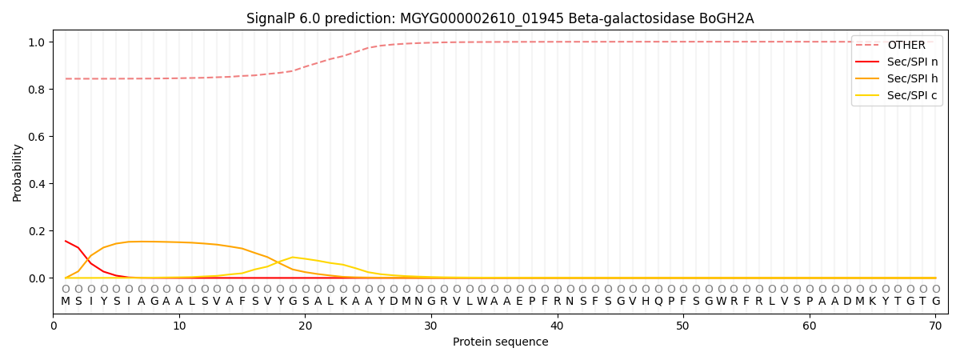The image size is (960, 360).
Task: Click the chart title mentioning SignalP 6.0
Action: pyautogui.click(x=500, y=18)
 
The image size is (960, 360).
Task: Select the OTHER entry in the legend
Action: pyautogui.click(x=906, y=45)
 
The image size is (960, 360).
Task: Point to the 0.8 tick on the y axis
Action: pyautogui.click(x=38, y=90)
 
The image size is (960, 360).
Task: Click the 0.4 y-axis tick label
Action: pyautogui.click(x=38, y=184)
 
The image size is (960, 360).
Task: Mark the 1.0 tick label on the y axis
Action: pyautogui.click(x=38, y=42)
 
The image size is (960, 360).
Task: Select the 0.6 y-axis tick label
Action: pyautogui.click(x=38, y=137)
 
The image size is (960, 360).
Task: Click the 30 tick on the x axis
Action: pyautogui.click(x=431, y=326)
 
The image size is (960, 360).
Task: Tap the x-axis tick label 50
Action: pyautogui.click(x=683, y=326)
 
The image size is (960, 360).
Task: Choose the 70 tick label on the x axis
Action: pyautogui.click(x=935, y=326)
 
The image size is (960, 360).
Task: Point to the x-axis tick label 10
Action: pyautogui.click(x=179, y=326)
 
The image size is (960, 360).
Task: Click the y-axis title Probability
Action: pyautogui.click(x=18, y=172)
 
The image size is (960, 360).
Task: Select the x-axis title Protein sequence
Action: pyautogui.click(x=500, y=342)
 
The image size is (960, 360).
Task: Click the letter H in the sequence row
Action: pyautogui.click(x=646, y=302)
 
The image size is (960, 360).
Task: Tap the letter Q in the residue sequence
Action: pyautogui.click(x=658, y=302)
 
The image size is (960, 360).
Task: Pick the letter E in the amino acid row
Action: pyautogui.click(x=520, y=302)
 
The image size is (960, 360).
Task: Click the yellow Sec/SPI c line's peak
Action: pyautogui.click(x=293, y=257)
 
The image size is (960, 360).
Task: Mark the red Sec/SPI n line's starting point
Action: pyautogui.click(x=66, y=241)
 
